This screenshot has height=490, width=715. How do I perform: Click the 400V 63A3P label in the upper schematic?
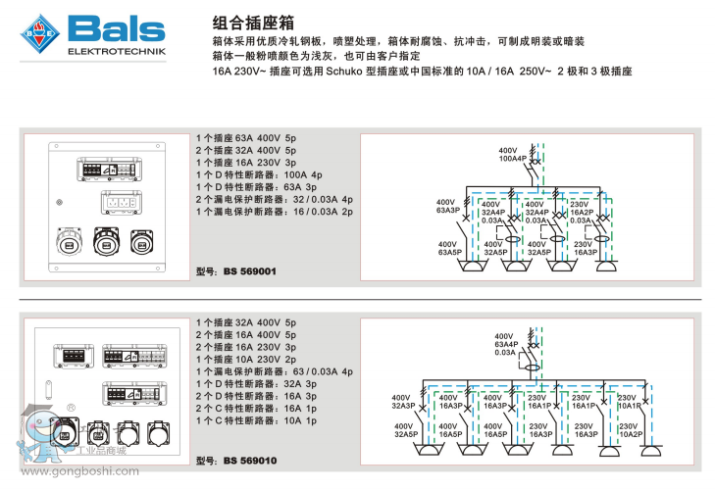448,207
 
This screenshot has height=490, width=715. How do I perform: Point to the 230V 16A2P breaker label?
581,208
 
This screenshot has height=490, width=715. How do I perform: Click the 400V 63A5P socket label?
448,248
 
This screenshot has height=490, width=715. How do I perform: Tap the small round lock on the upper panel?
61,203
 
